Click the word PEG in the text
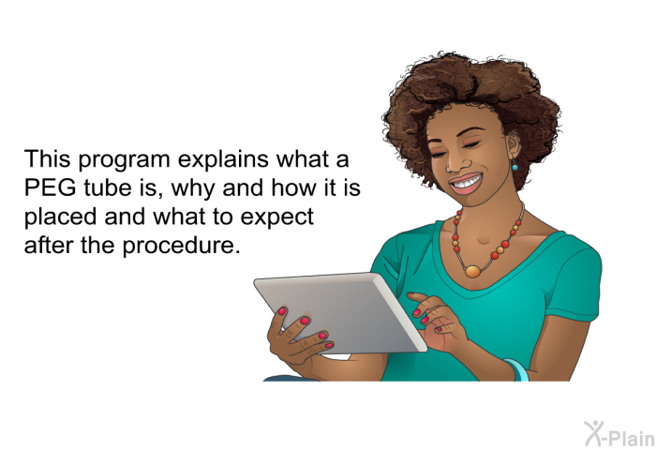point(50,187)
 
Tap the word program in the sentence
point(124,160)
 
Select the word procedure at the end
point(182,245)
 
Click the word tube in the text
point(105,187)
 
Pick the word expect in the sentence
point(277,217)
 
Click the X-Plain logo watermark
point(619,434)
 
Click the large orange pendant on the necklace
point(472,271)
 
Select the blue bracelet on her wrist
point(518,369)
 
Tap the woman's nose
point(453,163)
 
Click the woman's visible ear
point(513,143)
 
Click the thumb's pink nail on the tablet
point(282,311)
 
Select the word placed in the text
point(61,217)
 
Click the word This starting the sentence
point(47,159)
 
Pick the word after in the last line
point(49,245)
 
